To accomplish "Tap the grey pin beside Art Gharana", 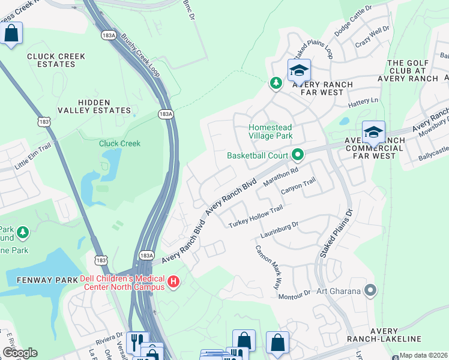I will pos(370,292).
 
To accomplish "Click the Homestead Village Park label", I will pos(271,131).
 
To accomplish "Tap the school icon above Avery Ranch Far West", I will pos(298,71).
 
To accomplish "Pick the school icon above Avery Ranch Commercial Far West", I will pos(373,132).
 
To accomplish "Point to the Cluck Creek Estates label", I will pos(56,61).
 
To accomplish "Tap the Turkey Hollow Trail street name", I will pos(255,217).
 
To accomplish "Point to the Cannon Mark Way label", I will pos(268,267).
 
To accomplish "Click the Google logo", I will pos(20,353).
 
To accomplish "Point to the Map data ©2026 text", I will pos(423,355).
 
